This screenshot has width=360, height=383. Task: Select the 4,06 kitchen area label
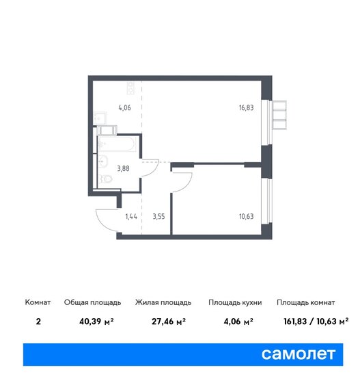click(x=124, y=107)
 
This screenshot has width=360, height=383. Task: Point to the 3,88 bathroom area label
click(x=126, y=166)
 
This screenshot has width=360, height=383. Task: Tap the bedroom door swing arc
click(x=180, y=183)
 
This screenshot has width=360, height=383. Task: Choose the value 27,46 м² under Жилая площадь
click(x=162, y=319)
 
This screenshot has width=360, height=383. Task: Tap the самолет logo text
click(x=299, y=353)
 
